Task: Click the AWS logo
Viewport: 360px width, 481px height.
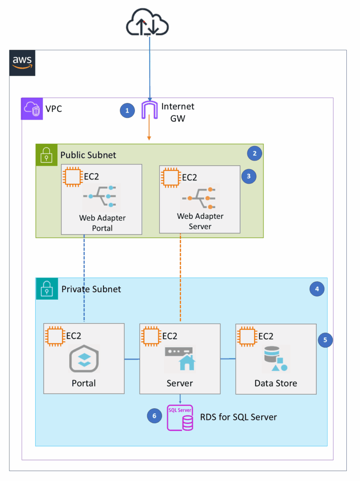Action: [x=22, y=62]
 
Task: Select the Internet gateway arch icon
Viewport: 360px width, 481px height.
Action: [x=150, y=111]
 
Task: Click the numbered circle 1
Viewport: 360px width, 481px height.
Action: [x=126, y=111]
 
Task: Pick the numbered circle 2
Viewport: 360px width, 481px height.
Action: [x=254, y=153]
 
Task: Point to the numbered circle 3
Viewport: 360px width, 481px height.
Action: [x=248, y=176]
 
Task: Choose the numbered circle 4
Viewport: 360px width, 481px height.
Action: [x=317, y=289]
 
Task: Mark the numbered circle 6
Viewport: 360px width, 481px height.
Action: [x=154, y=416]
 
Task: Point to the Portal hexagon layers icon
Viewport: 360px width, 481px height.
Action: [x=84, y=360]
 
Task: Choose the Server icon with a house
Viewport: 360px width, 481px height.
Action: [x=180, y=358]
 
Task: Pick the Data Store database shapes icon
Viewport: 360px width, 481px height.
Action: [x=276, y=359]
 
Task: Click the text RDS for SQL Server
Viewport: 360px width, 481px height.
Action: [x=238, y=417]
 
